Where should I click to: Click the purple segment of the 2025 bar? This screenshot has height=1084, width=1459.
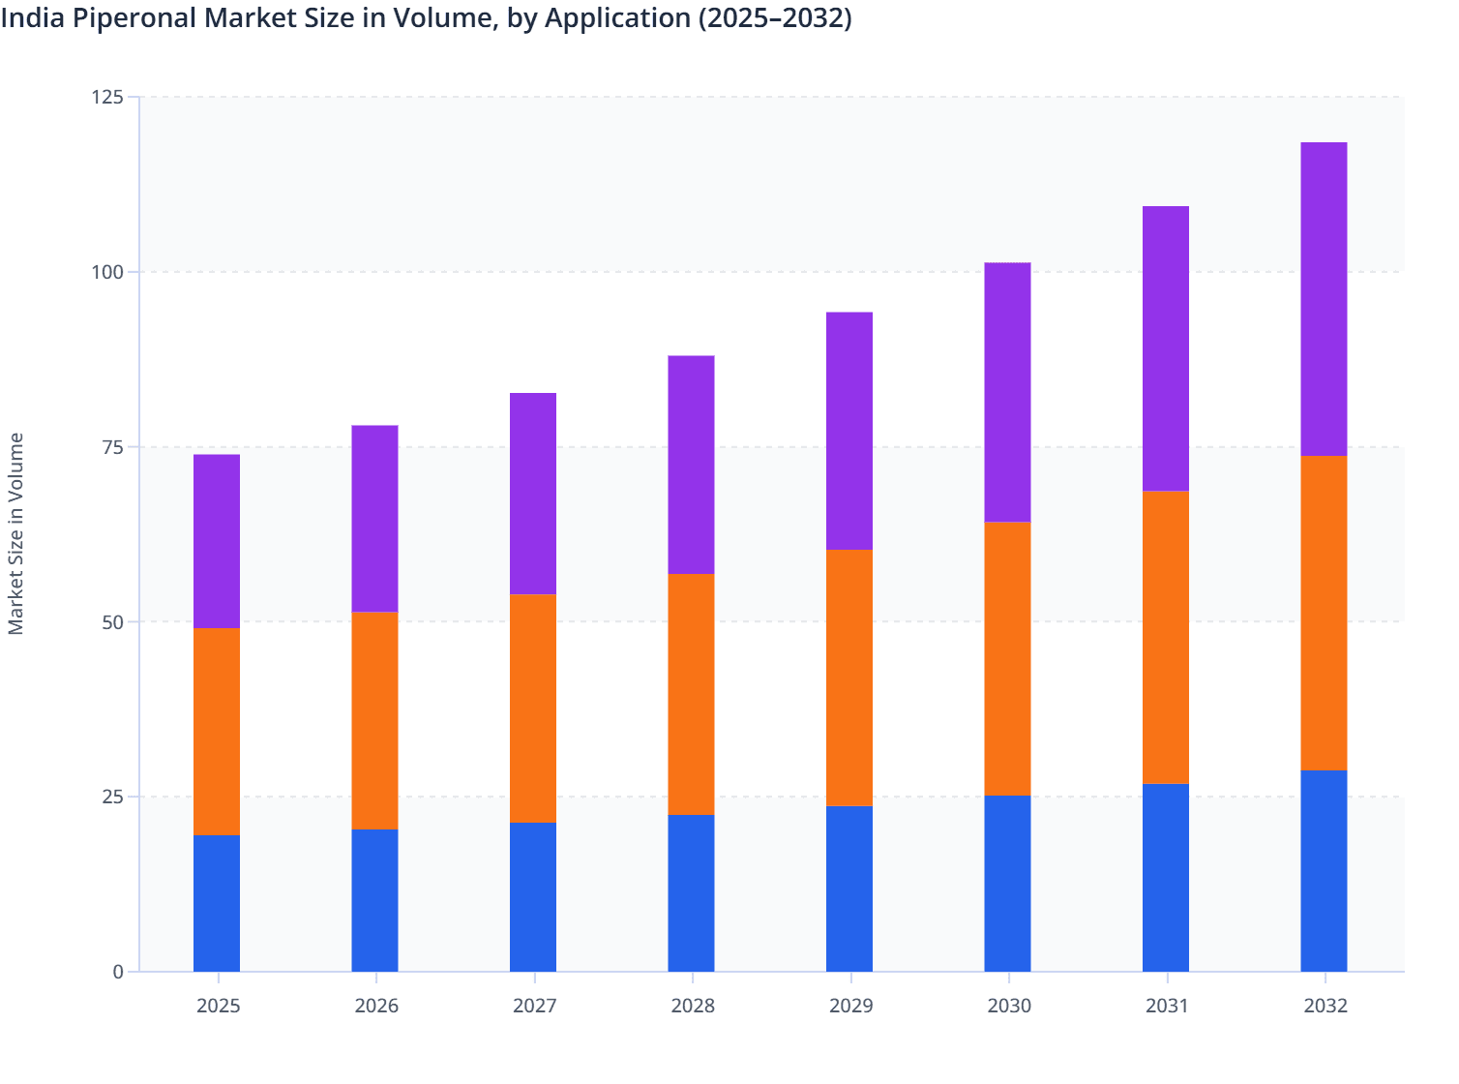[217, 542]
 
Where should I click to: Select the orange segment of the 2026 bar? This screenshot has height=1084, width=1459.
[374, 721]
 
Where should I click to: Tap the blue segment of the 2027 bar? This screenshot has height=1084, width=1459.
[533, 897]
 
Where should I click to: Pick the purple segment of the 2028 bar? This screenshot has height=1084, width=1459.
[691, 465]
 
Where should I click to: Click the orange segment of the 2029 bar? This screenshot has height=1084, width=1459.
[849, 677]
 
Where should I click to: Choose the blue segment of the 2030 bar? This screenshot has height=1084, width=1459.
[1007, 884]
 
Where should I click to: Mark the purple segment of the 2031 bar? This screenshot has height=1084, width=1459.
[1166, 348]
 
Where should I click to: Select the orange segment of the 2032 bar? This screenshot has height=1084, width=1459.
[1324, 613]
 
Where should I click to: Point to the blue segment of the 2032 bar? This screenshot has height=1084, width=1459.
[1324, 871]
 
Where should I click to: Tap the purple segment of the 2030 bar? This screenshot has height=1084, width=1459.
[1007, 392]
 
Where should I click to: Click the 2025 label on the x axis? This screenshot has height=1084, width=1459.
[218, 1006]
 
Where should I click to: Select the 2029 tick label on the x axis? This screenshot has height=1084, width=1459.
[850, 1006]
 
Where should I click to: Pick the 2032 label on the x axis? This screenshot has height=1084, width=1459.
[1325, 1006]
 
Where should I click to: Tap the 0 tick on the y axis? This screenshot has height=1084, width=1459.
[118, 972]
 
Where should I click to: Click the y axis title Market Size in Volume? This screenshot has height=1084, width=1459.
[16, 533]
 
